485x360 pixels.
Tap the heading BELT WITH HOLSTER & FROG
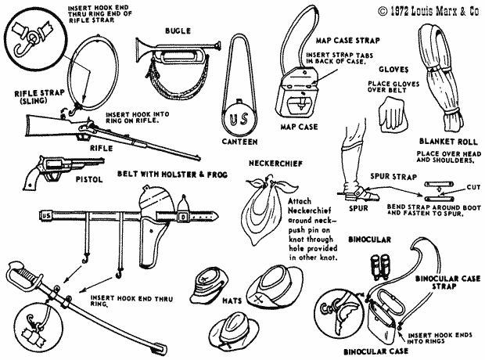pyautogui.click(x=173, y=174)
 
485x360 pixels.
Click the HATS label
pyautogui.click(x=232, y=301)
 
